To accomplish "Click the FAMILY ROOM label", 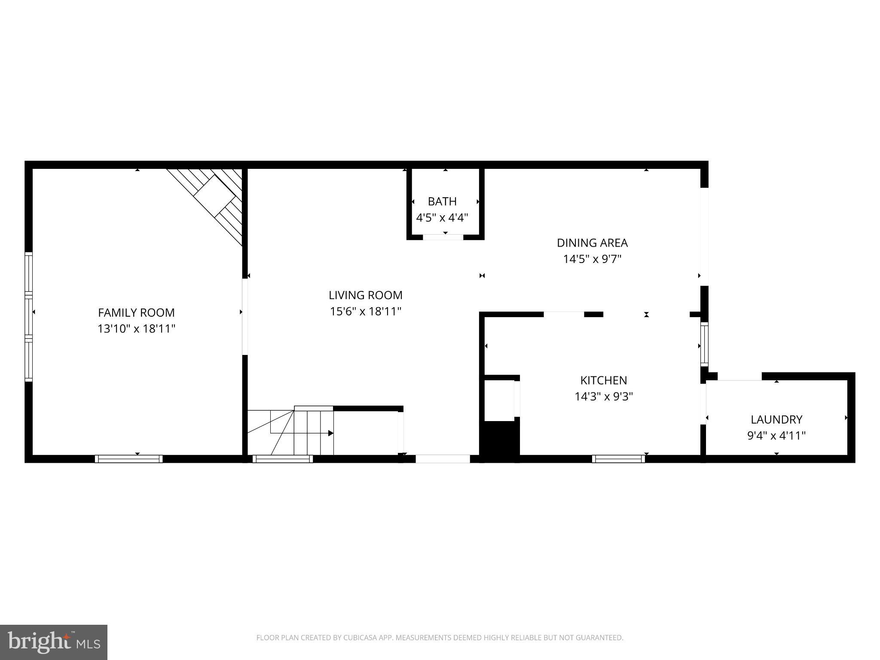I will [x=136, y=312].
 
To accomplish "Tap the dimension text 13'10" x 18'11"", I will [x=136, y=329].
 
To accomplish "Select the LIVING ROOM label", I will [x=365, y=295].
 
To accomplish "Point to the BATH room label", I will [x=442, y=201].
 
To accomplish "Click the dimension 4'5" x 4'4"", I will [x=442, y=217].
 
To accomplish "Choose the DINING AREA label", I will [x=592, y=243].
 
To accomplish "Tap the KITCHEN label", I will [x=603, y=380].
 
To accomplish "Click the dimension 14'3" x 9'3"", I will [x=603, y=396].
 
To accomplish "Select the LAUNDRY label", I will [x=776, y=419].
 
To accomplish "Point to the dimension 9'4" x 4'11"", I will [x=776, y=436].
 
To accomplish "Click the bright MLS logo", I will [x=53, y=642].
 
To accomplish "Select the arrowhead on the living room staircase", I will [x=330, y=433].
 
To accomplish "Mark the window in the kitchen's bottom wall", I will [x=618, y=459].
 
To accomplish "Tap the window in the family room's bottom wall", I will [x=128, y=459].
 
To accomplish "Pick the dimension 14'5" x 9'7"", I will [x=592, y=259].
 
